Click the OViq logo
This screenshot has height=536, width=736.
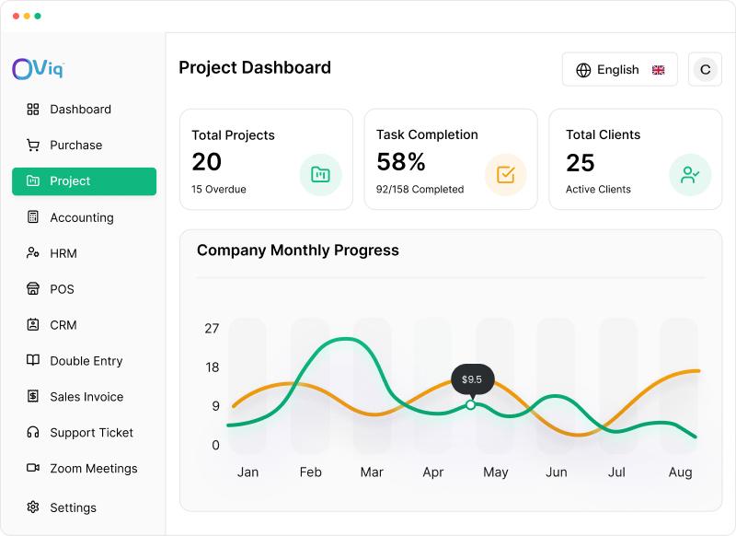click(38, 69)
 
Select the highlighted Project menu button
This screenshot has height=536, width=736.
click(84, 181)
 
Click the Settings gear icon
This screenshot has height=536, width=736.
click(33, 507)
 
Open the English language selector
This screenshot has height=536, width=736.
click(619, 69)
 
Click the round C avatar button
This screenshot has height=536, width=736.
click(705, 69)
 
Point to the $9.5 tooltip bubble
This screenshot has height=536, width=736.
click(472, 379)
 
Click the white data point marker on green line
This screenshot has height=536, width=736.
click(470, 404)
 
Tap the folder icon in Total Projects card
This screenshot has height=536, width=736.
click(320, 175)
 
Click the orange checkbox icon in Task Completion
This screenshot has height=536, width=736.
click(505, 175)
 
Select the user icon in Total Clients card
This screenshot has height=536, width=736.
click(690, 175)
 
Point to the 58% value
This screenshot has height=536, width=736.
click(401, 162)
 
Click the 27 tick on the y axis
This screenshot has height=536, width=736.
click(212, 329)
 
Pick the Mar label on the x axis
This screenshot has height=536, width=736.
click(372, 472)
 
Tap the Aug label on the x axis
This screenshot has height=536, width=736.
click(680, 472)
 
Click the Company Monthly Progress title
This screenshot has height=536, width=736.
click(298, 251)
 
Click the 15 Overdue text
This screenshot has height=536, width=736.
click(219, 190)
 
